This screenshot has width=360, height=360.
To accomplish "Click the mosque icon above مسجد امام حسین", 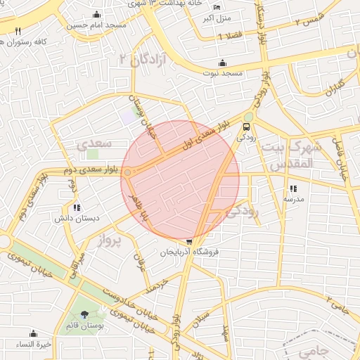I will [x=96, y=14].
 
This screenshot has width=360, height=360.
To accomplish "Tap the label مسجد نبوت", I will [x=223, y=73].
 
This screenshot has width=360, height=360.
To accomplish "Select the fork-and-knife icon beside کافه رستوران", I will [x=18, y=31].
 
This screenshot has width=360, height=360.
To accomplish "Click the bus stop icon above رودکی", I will [x=246, y=127].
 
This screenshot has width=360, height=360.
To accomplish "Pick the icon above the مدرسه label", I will [x=293, y=188].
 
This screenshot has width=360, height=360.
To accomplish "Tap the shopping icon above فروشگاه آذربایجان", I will [x=189, y=241].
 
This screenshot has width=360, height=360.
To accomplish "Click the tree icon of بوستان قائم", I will [x=85, y=314].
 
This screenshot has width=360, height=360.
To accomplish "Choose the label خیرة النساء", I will [x=34, y=345].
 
